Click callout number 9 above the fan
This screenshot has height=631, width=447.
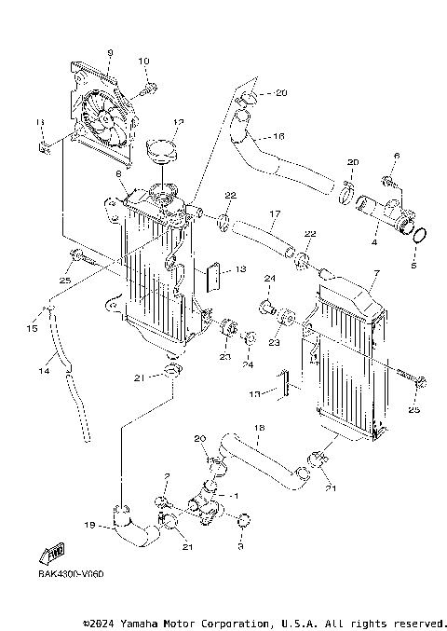(x=109, y=52)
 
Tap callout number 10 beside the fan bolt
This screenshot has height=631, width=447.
(x=143, y=62)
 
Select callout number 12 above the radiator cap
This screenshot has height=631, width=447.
(x=179, y=121)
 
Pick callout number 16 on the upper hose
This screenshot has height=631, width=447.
(x=278, y=135)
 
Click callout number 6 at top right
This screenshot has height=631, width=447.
(x=396, y=156)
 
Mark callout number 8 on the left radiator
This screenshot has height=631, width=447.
(x=119, y=174)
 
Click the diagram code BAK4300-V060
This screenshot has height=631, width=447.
(x=71, y=574)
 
